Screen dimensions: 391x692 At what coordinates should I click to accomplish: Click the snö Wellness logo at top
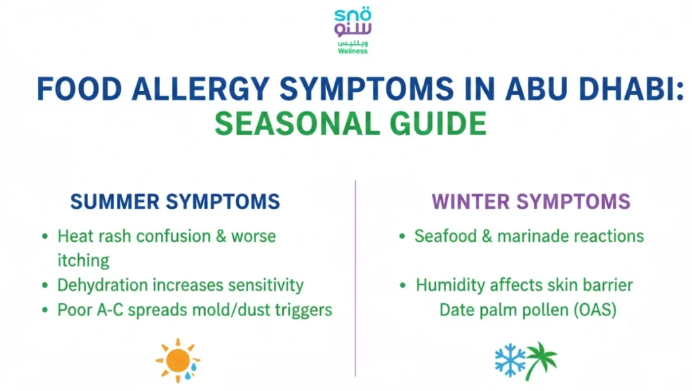pos(353,31)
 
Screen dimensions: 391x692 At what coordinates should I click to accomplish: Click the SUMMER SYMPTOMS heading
pos(175,201)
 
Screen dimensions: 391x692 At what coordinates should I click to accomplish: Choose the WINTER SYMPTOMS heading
pos(531,201)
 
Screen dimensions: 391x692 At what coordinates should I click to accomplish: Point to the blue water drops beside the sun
pos(195,367)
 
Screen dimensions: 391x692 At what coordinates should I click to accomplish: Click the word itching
pos(83,260)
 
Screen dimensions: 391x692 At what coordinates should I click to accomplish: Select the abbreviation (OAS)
pos(595,310)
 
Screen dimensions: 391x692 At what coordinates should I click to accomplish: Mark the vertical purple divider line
pos(355,277)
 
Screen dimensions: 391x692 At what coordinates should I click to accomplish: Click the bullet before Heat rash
pos(45,237)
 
